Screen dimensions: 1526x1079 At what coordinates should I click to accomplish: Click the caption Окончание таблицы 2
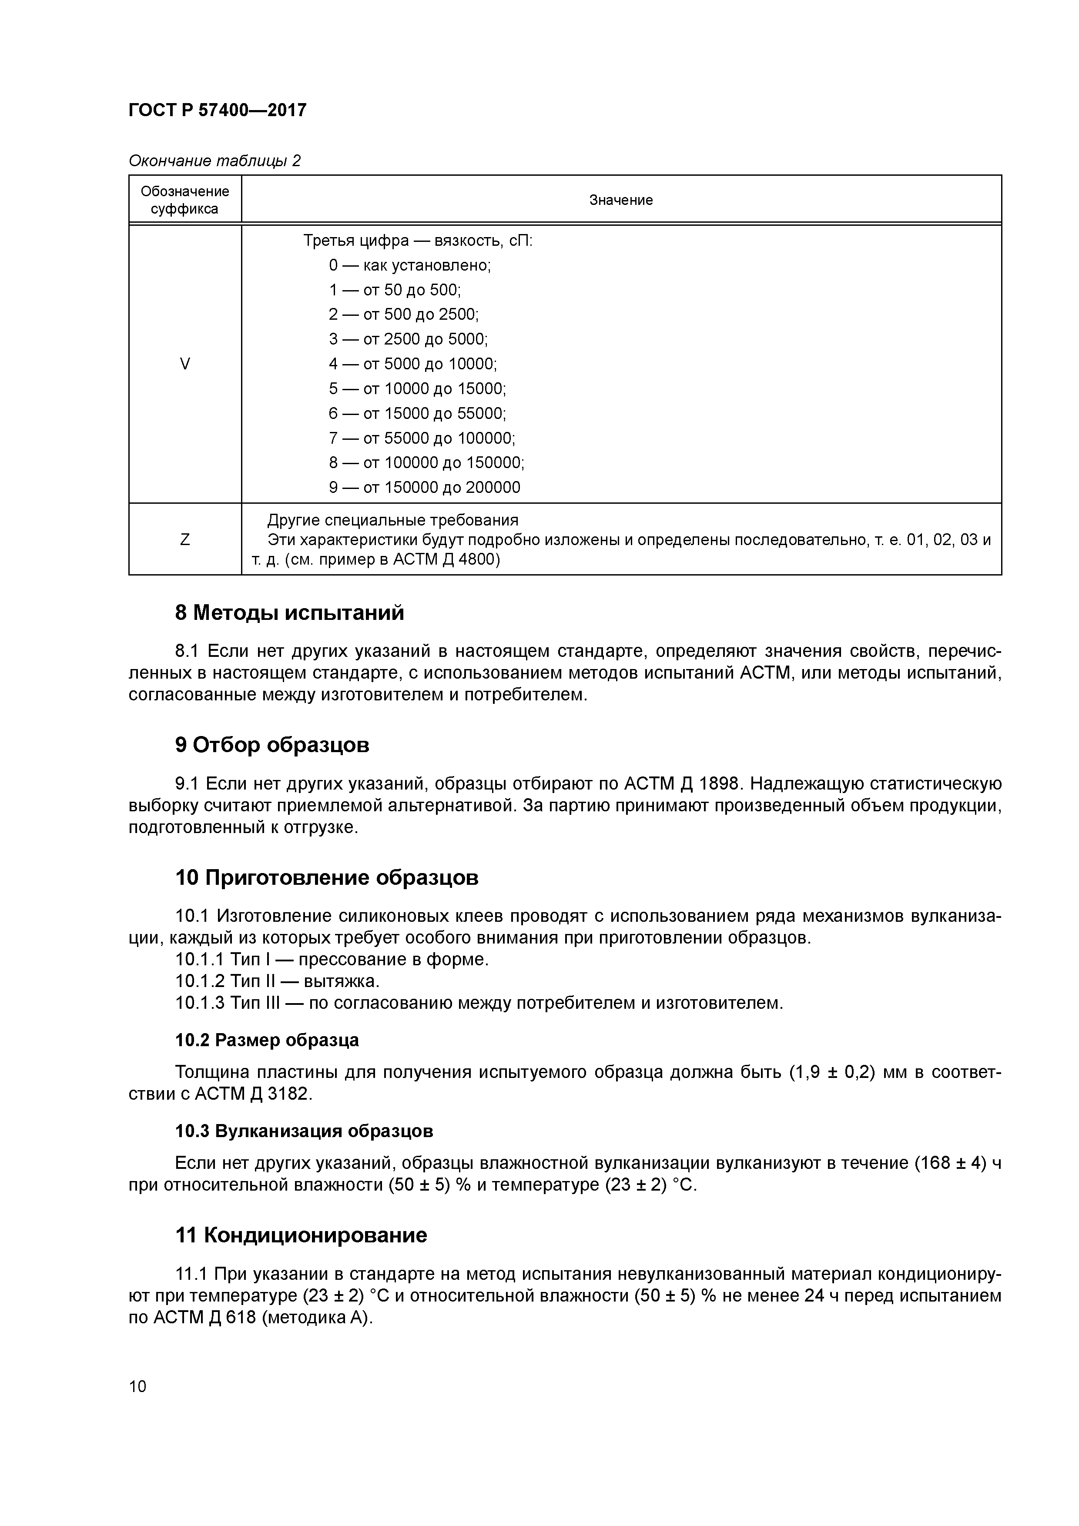click(214, 161)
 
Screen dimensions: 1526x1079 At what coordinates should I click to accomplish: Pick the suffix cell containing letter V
click(185, 364)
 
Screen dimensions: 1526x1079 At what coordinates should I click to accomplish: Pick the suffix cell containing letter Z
click(185, 539)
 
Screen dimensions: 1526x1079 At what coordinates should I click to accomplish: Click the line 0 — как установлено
click(409, 265)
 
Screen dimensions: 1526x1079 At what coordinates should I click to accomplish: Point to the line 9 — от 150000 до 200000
click(424, 487)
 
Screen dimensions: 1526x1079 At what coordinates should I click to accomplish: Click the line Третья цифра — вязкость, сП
click(418, 240)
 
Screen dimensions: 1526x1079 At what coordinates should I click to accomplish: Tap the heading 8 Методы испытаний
click(289, 612)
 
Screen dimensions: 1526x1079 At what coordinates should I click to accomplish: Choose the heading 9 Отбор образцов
click(272, 745)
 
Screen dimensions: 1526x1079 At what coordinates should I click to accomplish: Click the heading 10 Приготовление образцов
click(326, 878)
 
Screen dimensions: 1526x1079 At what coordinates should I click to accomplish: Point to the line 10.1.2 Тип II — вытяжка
click(277, 981)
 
